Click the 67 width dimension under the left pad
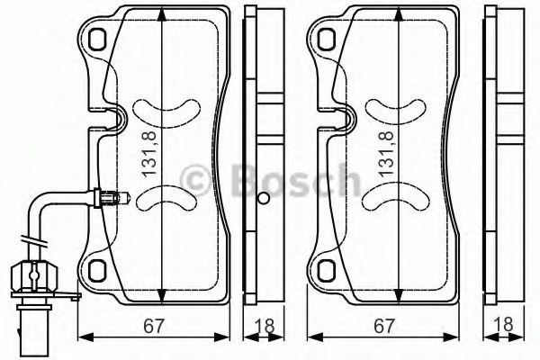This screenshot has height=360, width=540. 153,325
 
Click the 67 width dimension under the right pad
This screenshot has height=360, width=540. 383,325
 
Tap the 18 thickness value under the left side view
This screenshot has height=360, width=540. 265,325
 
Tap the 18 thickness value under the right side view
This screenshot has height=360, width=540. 503,325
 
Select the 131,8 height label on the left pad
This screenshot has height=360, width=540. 150,154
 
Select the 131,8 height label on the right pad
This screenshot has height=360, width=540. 387,154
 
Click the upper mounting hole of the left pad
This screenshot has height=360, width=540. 97,38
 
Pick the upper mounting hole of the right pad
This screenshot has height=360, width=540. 327,38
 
